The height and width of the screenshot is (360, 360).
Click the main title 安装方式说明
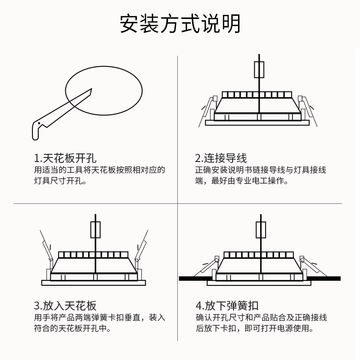coord(180,24)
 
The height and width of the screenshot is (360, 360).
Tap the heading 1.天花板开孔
coord(65,158)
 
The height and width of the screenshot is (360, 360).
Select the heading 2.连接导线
coord(221,158)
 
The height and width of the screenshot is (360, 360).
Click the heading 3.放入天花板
coord(65,306)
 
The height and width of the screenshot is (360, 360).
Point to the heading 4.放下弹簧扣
coord(227,306)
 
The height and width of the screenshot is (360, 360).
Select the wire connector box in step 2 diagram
coord(260,70)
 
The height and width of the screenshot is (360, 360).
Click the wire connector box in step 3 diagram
coord(96,229)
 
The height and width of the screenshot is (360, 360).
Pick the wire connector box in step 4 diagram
coord(261,229)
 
